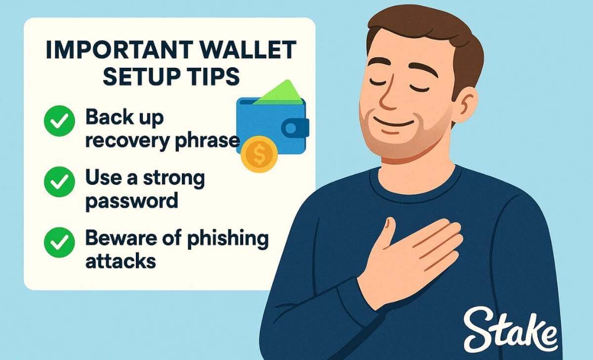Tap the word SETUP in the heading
tap(144, 77)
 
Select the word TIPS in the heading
tap(216, 77)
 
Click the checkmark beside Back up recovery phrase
tap(59, 121)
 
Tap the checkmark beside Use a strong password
tap(59, 181)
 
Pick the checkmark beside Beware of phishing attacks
tap(59, 242)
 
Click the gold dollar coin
tap(259, 154)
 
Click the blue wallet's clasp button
tap(292, 129)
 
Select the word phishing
tap(228, 239)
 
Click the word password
tap(131, 201)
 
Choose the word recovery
tap(127, 141)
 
